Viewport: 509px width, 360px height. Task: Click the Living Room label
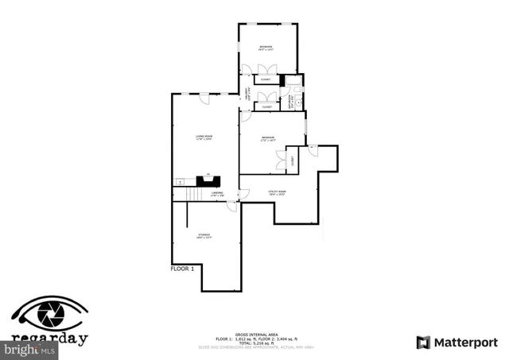tap(204, 138)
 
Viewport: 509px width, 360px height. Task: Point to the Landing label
tap(216, 193)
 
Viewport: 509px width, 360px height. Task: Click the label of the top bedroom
tap(266, 48)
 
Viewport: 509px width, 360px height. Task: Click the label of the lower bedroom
tap(269, 140)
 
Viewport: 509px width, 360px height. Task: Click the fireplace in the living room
tap(208, 180)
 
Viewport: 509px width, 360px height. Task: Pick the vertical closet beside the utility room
tap(292, 159)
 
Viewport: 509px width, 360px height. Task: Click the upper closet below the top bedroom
tap(266, 79)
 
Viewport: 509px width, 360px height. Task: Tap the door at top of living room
tap(204, 98)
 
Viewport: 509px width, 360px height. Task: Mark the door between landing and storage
tap(231, 206)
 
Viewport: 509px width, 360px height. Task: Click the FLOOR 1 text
tap(182, 269)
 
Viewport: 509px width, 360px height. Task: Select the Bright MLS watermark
tap(29, 348)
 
